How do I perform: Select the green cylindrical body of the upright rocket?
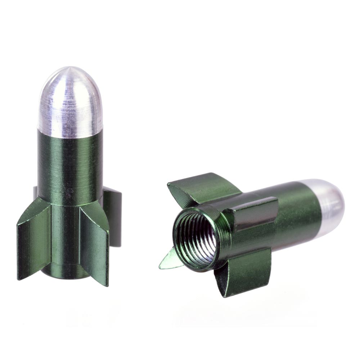(x=70, y=162)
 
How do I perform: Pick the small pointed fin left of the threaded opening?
(x=169, y=261)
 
